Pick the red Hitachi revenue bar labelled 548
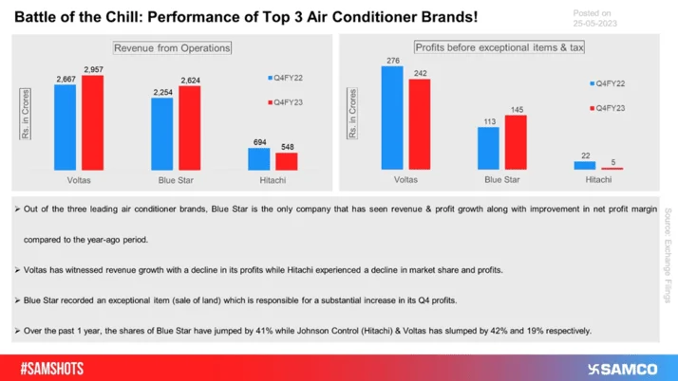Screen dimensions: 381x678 pos(287,160)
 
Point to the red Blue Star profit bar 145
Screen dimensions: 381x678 pos(516,142)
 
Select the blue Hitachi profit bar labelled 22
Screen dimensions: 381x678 pos(585,165)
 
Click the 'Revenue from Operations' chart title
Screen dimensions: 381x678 pos(172,48)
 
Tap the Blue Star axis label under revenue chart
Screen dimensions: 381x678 pos(176,177)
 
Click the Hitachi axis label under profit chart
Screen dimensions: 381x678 pos(598,177)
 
